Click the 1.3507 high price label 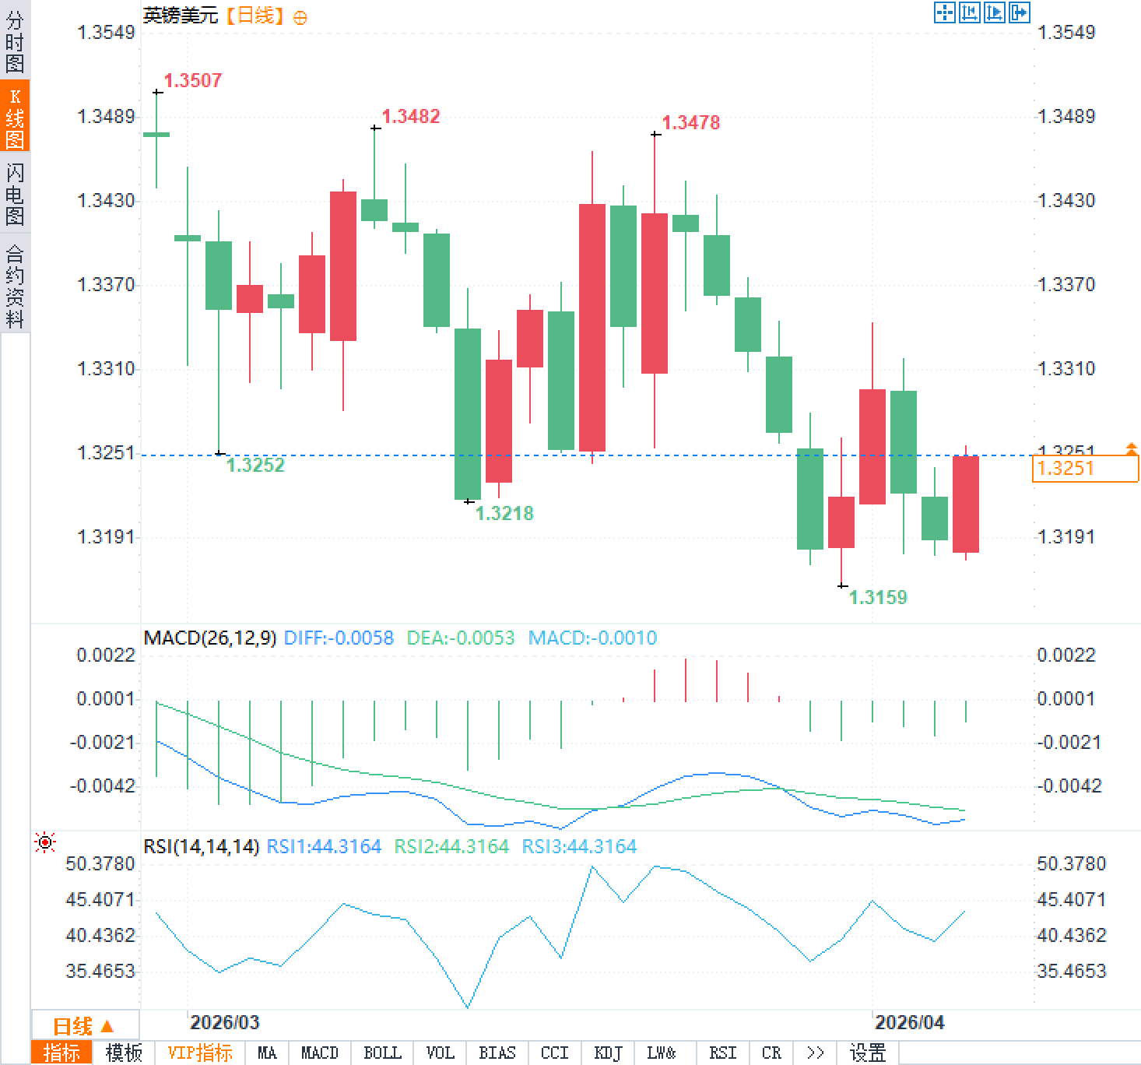193,80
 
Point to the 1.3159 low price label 878,597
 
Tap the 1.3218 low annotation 504,513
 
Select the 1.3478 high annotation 691,122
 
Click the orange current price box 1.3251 1085,469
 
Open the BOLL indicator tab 382,1053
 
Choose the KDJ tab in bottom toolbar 608,1053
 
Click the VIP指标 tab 200,1053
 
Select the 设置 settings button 868,1053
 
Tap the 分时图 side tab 15,42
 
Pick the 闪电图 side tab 15,194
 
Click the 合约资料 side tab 15,286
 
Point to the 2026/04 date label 909,1022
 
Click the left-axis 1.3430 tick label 106,201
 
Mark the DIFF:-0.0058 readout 339,638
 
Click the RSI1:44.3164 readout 324,846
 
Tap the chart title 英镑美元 181,16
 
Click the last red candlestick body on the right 966,504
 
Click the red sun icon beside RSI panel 46,842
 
